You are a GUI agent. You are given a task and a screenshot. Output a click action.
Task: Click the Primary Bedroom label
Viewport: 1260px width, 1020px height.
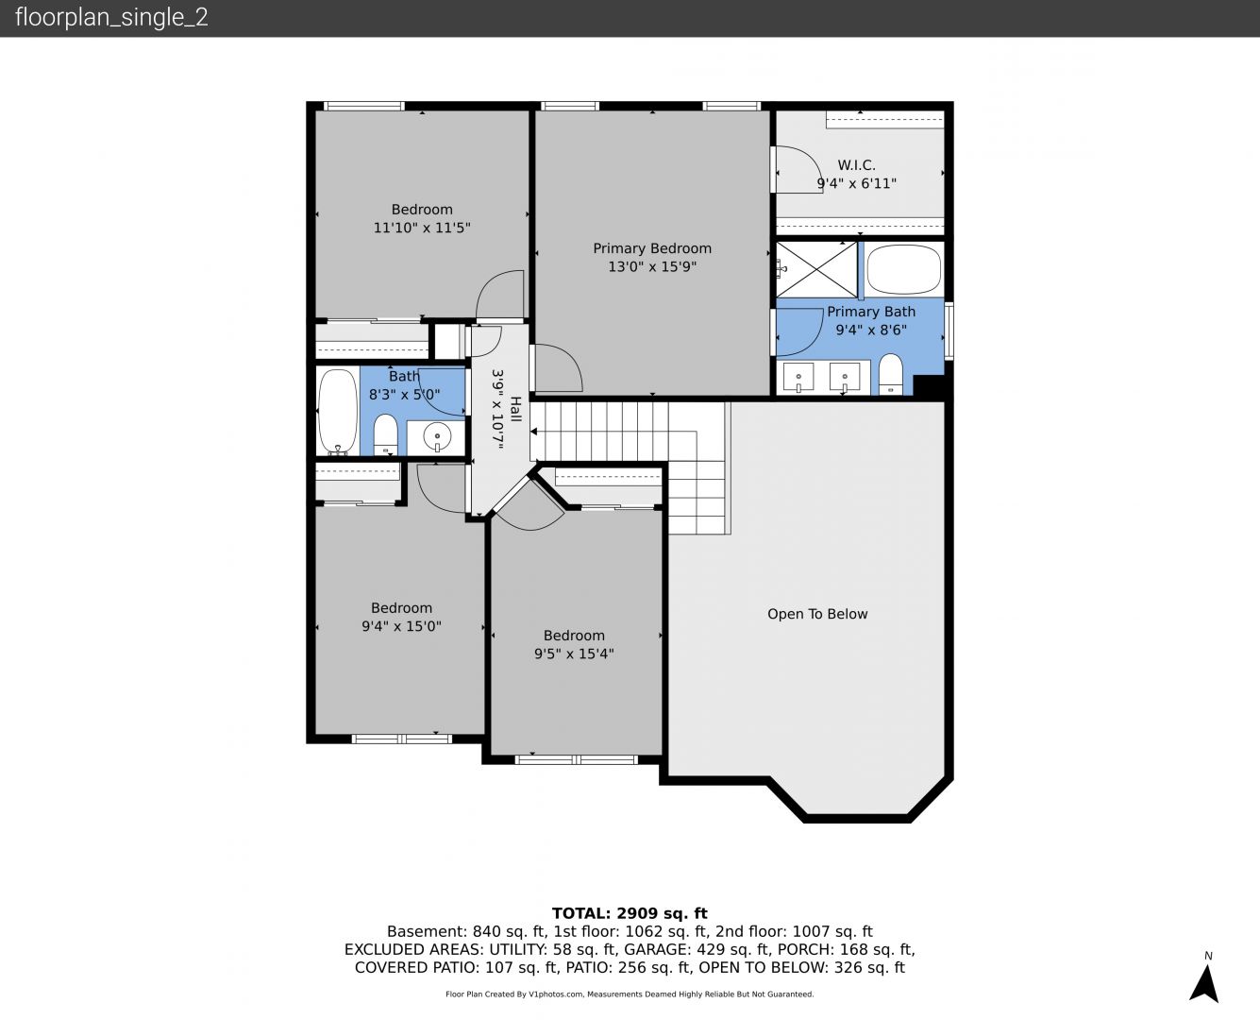(652, 248)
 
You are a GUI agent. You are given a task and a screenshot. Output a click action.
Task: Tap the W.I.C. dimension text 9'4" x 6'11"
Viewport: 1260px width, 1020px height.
(857, 183)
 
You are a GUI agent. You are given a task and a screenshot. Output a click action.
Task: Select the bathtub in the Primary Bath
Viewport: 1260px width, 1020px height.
(903, 269)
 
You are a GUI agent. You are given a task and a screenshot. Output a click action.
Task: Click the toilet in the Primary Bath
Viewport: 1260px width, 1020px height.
(890, 374)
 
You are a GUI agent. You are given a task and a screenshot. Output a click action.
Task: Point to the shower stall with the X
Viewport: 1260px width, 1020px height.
(816, 269)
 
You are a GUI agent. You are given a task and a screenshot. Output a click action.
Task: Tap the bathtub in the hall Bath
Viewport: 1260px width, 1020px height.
(338, 412)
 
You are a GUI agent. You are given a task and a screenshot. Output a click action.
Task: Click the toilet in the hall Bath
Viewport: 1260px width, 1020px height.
(386, 434)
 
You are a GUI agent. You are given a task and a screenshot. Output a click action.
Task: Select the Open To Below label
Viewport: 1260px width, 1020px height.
(817, 614)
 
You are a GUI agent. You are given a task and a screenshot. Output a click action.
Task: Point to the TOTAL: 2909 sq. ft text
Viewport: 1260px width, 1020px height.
(630, 913)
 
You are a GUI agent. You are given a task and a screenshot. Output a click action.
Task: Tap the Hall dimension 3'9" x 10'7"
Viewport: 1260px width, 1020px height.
(498, 410)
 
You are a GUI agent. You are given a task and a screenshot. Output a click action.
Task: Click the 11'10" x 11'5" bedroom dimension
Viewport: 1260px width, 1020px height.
(422, 228)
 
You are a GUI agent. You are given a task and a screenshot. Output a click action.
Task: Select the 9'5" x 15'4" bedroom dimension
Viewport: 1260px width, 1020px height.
(574, 654)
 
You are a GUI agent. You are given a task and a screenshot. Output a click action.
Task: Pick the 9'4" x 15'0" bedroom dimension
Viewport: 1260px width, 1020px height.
(402, 626)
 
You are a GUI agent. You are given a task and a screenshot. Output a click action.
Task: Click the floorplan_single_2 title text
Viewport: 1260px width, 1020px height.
(111, 17)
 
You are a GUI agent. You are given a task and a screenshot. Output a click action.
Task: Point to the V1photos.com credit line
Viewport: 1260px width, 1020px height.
(630, 994)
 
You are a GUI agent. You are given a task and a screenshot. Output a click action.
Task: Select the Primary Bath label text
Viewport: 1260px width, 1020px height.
(871, 312)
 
